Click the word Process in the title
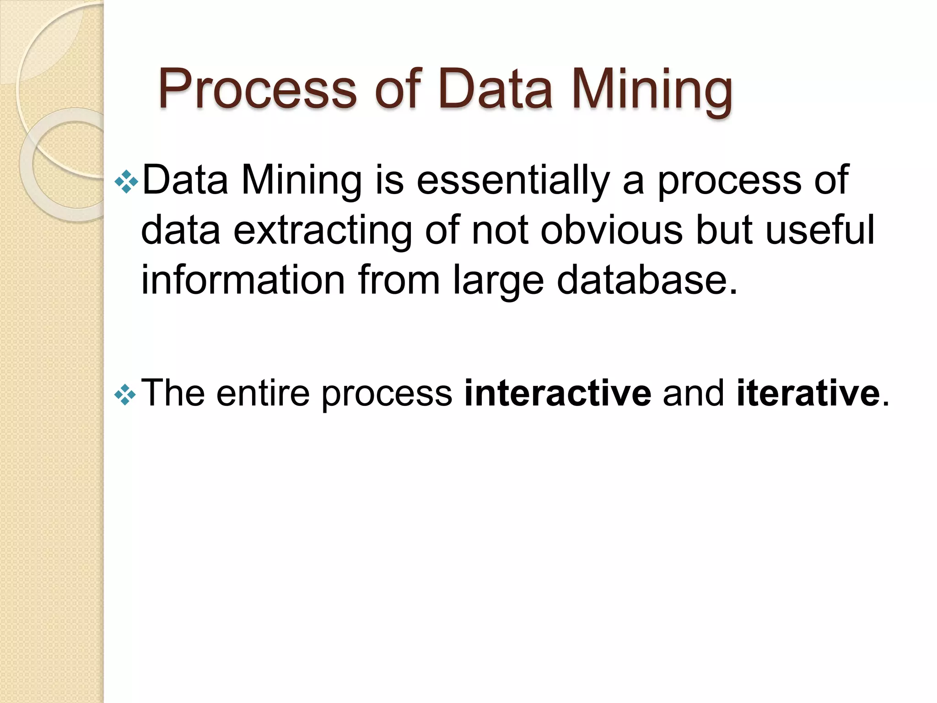pos(257,89)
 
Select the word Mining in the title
pos(652,89)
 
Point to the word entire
pos(263,393)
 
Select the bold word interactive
pos(557,393)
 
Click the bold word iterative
pos(808,393)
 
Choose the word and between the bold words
pos(694,393)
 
